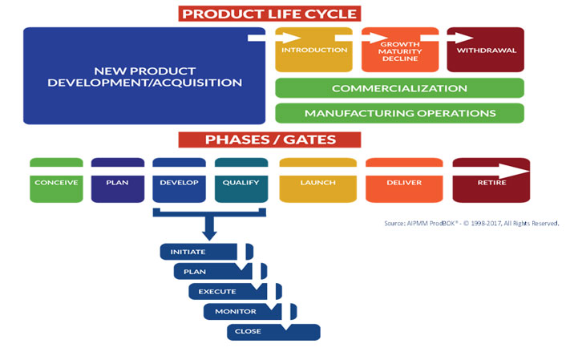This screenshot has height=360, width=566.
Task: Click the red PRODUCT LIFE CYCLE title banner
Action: (269, 14)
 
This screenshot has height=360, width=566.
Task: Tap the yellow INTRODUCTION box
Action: (314, 50)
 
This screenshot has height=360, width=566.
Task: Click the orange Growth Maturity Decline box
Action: (399, 50)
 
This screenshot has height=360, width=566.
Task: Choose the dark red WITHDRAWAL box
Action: (485, 50)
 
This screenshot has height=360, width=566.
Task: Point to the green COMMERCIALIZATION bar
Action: (399, 88)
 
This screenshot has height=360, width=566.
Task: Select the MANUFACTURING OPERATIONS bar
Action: (399, 112)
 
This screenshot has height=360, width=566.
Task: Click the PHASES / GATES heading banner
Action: (269, 140)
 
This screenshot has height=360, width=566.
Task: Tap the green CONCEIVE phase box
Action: (56, 180)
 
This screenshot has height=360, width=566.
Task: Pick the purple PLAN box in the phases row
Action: (118, 180)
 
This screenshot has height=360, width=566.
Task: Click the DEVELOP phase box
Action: (180, 180)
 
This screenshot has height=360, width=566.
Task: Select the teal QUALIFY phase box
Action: (241, 180)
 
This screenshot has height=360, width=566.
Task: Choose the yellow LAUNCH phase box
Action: (317, 180)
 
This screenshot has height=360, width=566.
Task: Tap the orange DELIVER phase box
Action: (405, 180)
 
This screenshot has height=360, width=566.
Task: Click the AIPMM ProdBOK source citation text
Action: (471, 224)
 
